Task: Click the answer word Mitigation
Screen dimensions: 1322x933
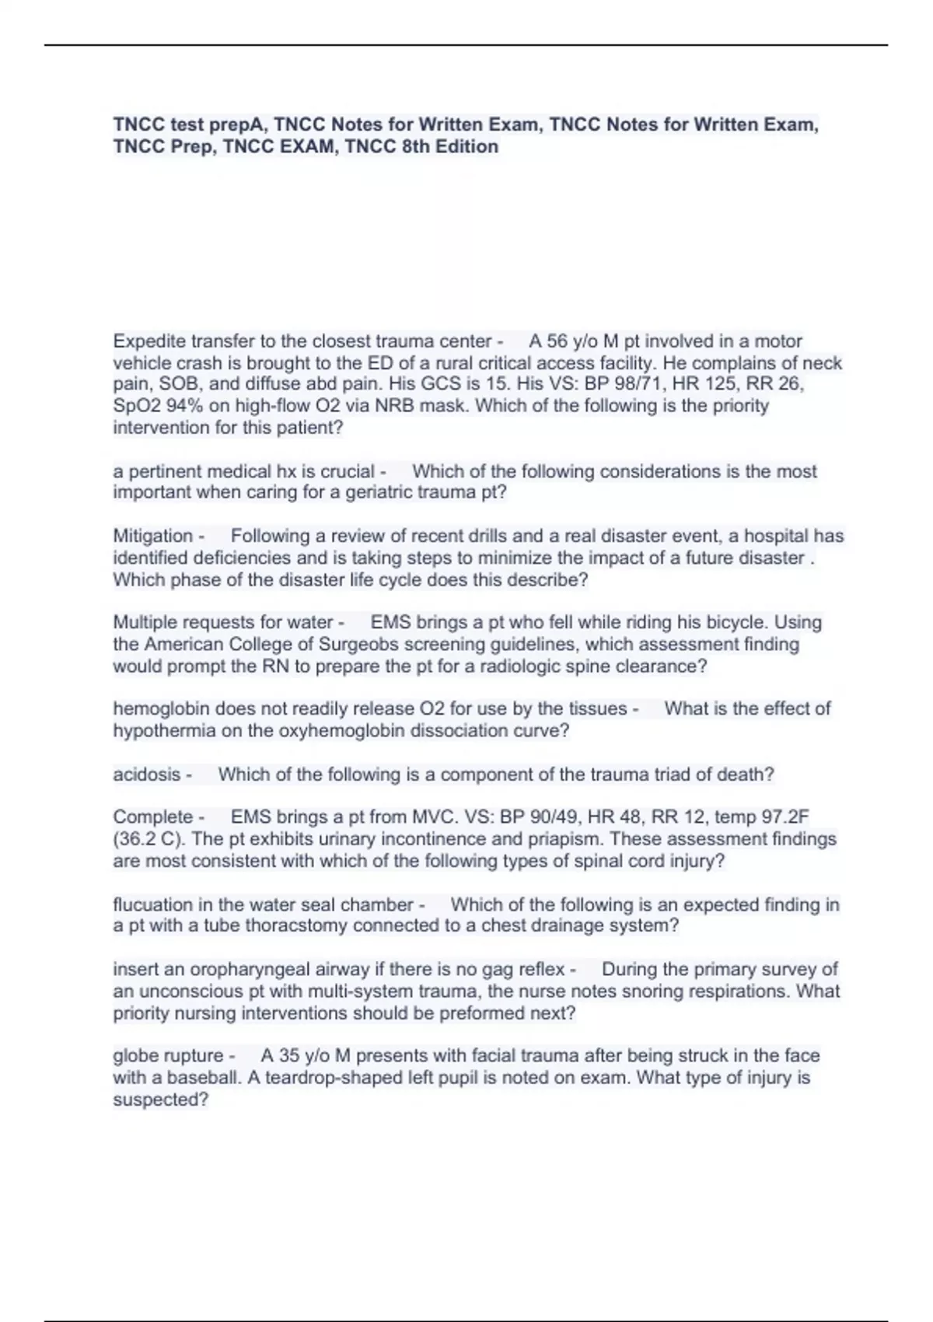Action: [x=153, y=536]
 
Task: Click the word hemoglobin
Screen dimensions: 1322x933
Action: [x=161, y=708]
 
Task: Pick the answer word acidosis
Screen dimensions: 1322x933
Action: [x=147, y=775]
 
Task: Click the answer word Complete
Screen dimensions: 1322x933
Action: [x=153, y=817]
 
